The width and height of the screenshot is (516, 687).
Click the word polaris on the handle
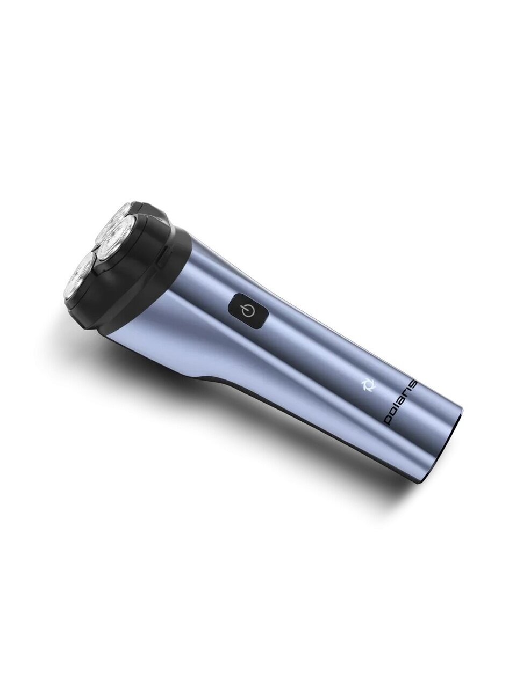point(400,403)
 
